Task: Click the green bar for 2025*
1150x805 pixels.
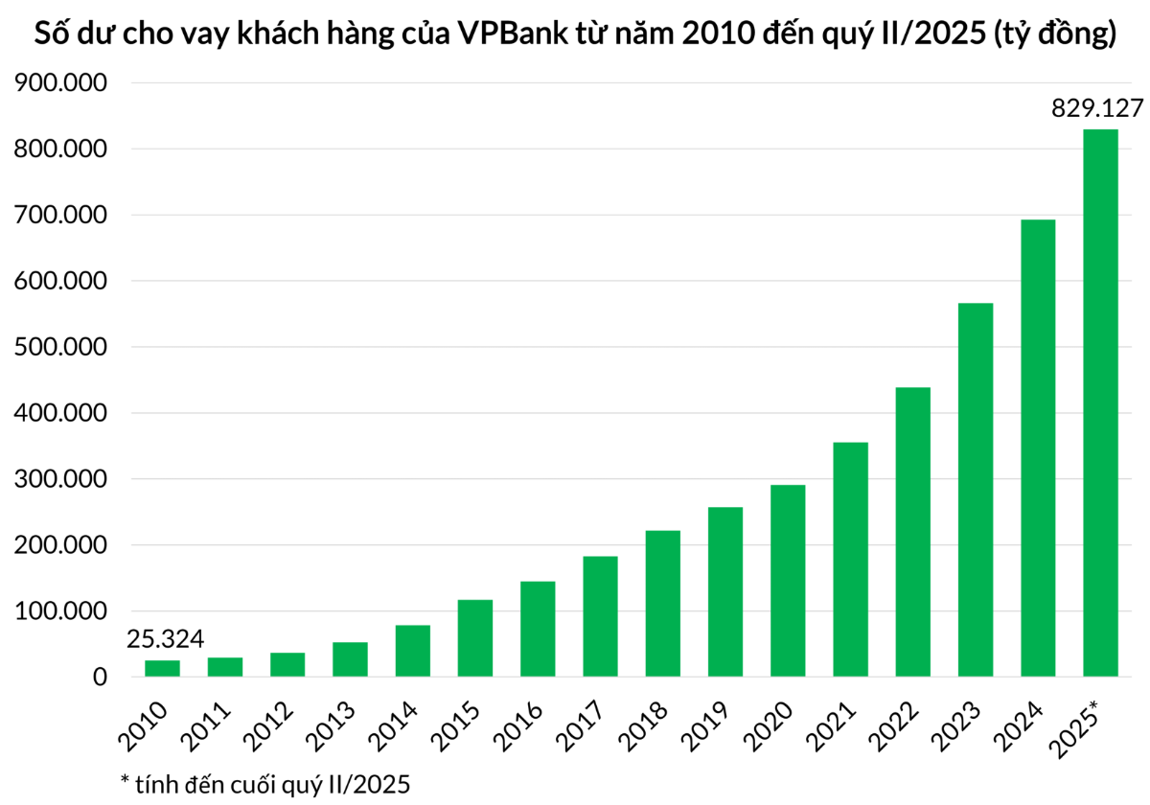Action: coord(1100,402)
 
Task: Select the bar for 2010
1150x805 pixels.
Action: coord(162,668)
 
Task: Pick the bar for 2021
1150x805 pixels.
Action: coord(850,560)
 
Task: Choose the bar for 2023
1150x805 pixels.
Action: coord(976,490)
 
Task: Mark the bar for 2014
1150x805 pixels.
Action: coord(412,651)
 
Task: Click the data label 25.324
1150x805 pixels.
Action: coord(166,639)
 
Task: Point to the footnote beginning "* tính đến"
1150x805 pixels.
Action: coord(264,784)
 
